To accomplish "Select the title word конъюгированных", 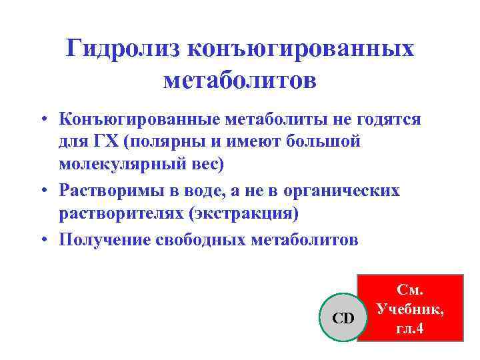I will (x=302, y=49).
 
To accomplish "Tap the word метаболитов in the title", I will (x=240, y=81).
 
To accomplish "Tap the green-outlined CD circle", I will (x=343, y=318).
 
